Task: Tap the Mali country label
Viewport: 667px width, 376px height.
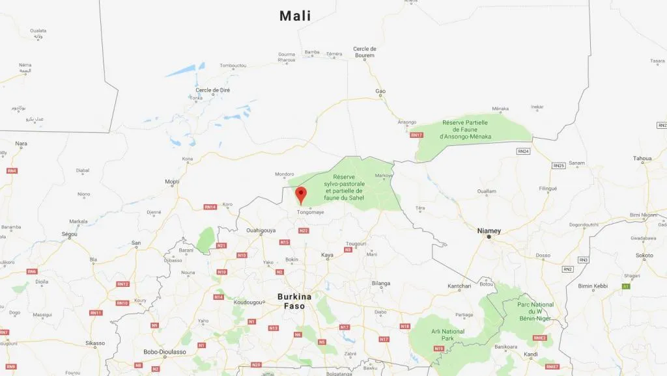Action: coord(295,16)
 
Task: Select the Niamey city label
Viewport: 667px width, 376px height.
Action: coord(489,231)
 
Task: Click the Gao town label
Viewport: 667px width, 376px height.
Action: coord(380,91)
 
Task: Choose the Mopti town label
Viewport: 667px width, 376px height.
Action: coord(172,181)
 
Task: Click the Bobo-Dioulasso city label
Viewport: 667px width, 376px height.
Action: coord(165,352)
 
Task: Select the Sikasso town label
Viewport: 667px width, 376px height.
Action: coord(94,343)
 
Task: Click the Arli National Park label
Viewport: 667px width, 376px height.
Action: coord(447,335)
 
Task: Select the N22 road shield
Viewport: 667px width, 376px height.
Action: coord(303,230)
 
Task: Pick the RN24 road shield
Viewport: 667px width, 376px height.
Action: coord(523,152)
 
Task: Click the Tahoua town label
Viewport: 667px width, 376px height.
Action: coord(642,158)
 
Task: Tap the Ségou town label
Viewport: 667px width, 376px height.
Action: coord(70,234)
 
